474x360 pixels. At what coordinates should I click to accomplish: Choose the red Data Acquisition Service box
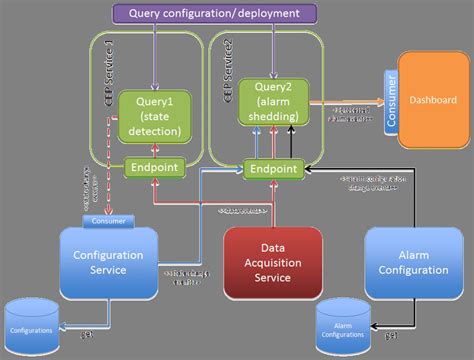273,263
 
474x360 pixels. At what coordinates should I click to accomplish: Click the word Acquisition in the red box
273,263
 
